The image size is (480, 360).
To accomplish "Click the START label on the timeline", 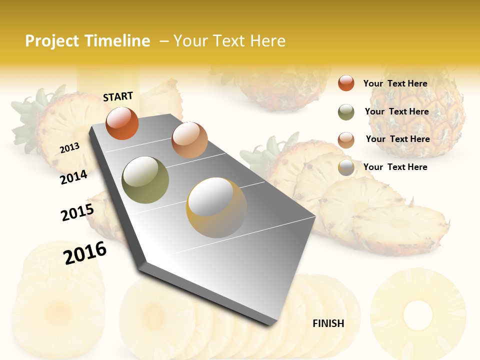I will coord(118,96).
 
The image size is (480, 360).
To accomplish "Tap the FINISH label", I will coord(328,323).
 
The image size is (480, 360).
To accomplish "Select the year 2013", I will coord(69,148).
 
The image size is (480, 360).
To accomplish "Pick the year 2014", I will coord(73,177).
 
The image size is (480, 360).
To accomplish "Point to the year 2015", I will coord(77,212).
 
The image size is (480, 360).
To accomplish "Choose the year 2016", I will coord(85,252).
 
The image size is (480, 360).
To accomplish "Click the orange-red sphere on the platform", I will coord(122,123).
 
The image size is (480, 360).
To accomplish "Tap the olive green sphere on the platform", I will coord(145,180).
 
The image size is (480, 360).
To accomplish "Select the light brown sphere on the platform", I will coord(189,140).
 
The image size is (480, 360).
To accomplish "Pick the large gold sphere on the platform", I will coord(216,207).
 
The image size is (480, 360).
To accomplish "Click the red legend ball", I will coord(346,83).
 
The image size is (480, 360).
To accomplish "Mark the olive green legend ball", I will coord(346,112).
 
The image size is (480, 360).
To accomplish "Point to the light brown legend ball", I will coord(346,140).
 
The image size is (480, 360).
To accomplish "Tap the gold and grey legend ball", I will coord(346,168).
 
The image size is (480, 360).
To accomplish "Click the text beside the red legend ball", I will coord(395,84).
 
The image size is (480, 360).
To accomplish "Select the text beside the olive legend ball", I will coord(396,111).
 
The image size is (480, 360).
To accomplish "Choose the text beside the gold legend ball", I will coord(395,167).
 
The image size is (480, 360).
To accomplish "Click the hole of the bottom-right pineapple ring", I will coord(417,313).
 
